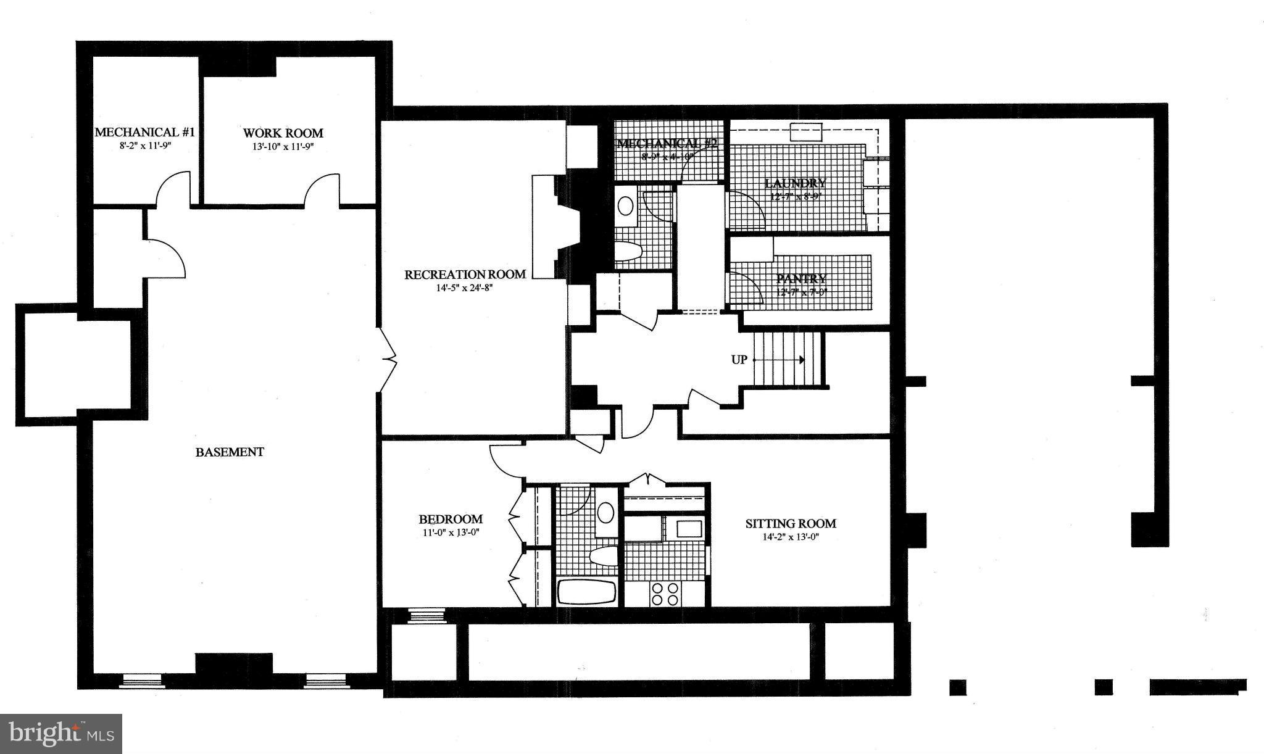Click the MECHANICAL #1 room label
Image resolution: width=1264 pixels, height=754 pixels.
click(x=144, y=133)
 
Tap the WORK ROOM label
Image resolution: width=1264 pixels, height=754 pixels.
click(x=283, y=133)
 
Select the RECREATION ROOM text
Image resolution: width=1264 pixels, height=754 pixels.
click(x=465, y=275)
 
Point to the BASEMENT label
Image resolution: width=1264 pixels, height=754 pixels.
click(x=230, y=452)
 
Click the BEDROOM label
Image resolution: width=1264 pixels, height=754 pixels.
click(x=451, y=520)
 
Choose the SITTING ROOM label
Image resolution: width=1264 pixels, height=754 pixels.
click(x=791, y=524)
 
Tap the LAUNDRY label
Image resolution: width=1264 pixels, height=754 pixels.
click(x=795, y=183)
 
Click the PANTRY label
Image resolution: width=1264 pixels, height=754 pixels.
click(x=800, y=279)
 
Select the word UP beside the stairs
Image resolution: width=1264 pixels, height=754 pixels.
click(x=739, y=360)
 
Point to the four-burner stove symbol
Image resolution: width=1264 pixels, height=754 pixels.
click(x=665, y=594)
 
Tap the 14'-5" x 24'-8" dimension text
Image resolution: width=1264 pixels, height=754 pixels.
click(x=465, y=288)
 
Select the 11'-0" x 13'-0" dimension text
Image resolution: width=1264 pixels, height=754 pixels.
click(x=451, y=532)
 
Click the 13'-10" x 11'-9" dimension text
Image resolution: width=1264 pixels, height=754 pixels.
click(x=283, y=146)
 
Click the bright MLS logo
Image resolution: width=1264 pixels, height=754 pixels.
click(x=61, y=734)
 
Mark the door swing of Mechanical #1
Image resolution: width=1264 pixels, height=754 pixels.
click(x=172, y=188)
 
